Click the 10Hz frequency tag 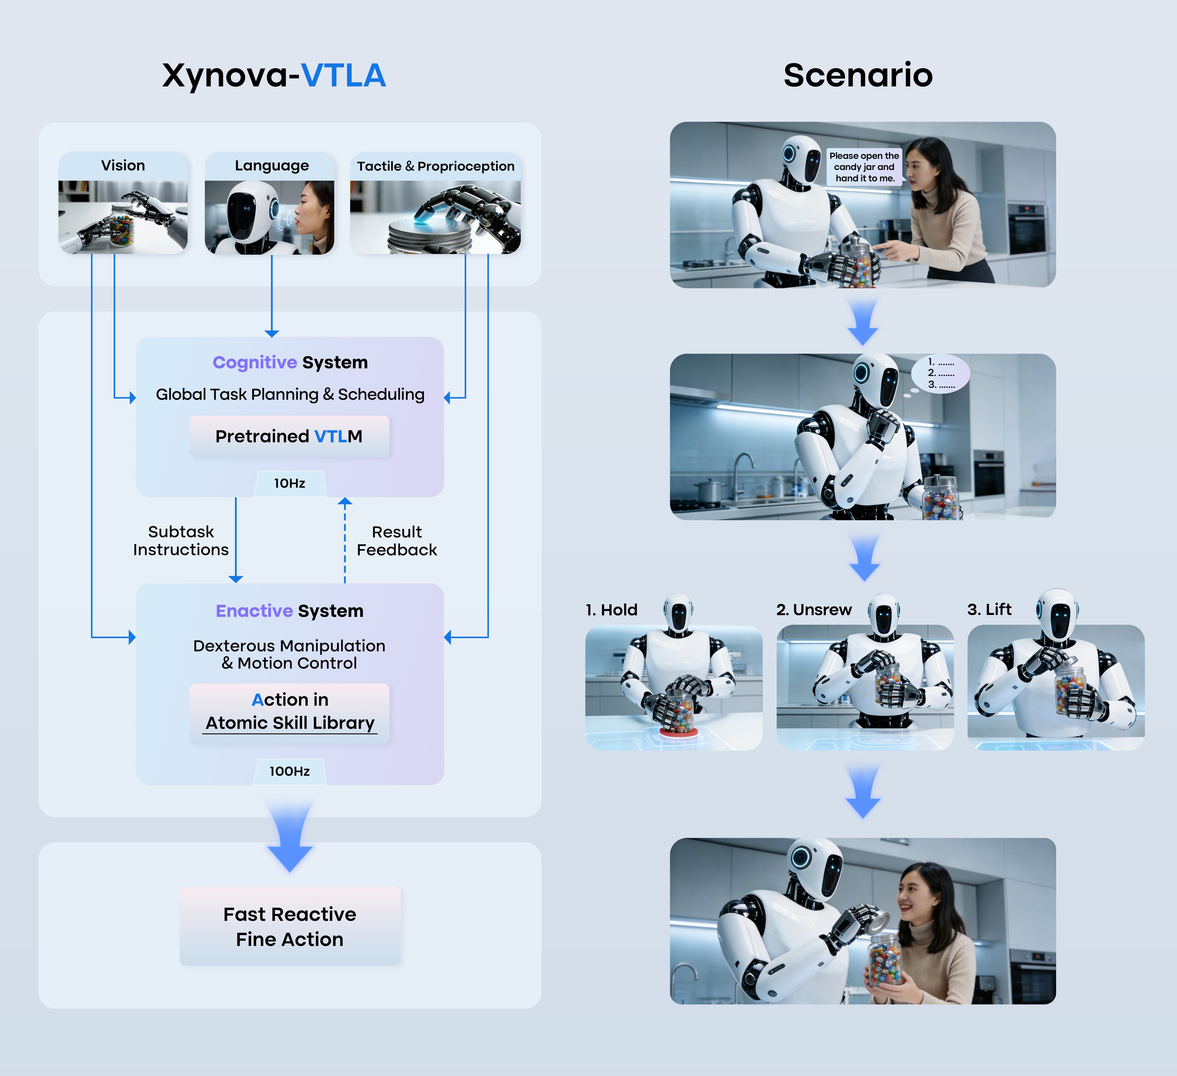click(x=290, y=483)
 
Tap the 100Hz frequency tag click(x=290, y=771)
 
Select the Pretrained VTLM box click(x=289, y=436)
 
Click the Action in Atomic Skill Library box click(x=290, y=712)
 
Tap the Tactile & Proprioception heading click(x=435, y=166)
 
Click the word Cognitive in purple click(x=255, y=363)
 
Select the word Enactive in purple click(x=254, y=611)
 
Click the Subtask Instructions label click(x=181, y=541)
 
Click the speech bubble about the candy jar click(x=864, y=167)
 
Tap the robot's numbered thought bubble click(x=941, y=374)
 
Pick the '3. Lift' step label click(x=989, y=609)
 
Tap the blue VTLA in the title click(x=343, y=76)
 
